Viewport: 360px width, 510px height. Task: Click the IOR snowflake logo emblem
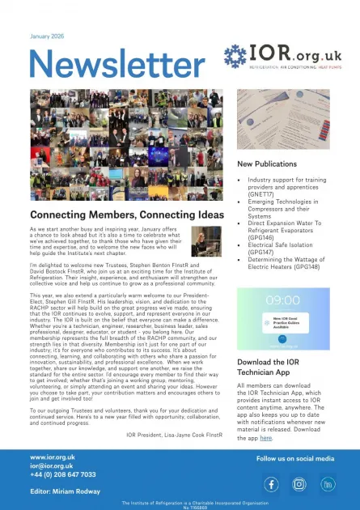(239, 57)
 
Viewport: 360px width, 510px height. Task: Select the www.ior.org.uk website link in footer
(53, 457)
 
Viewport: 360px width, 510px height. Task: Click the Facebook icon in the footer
(272, 484)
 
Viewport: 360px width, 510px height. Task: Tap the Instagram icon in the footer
(299, 484)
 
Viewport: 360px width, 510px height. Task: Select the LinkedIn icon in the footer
(328, 484)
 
